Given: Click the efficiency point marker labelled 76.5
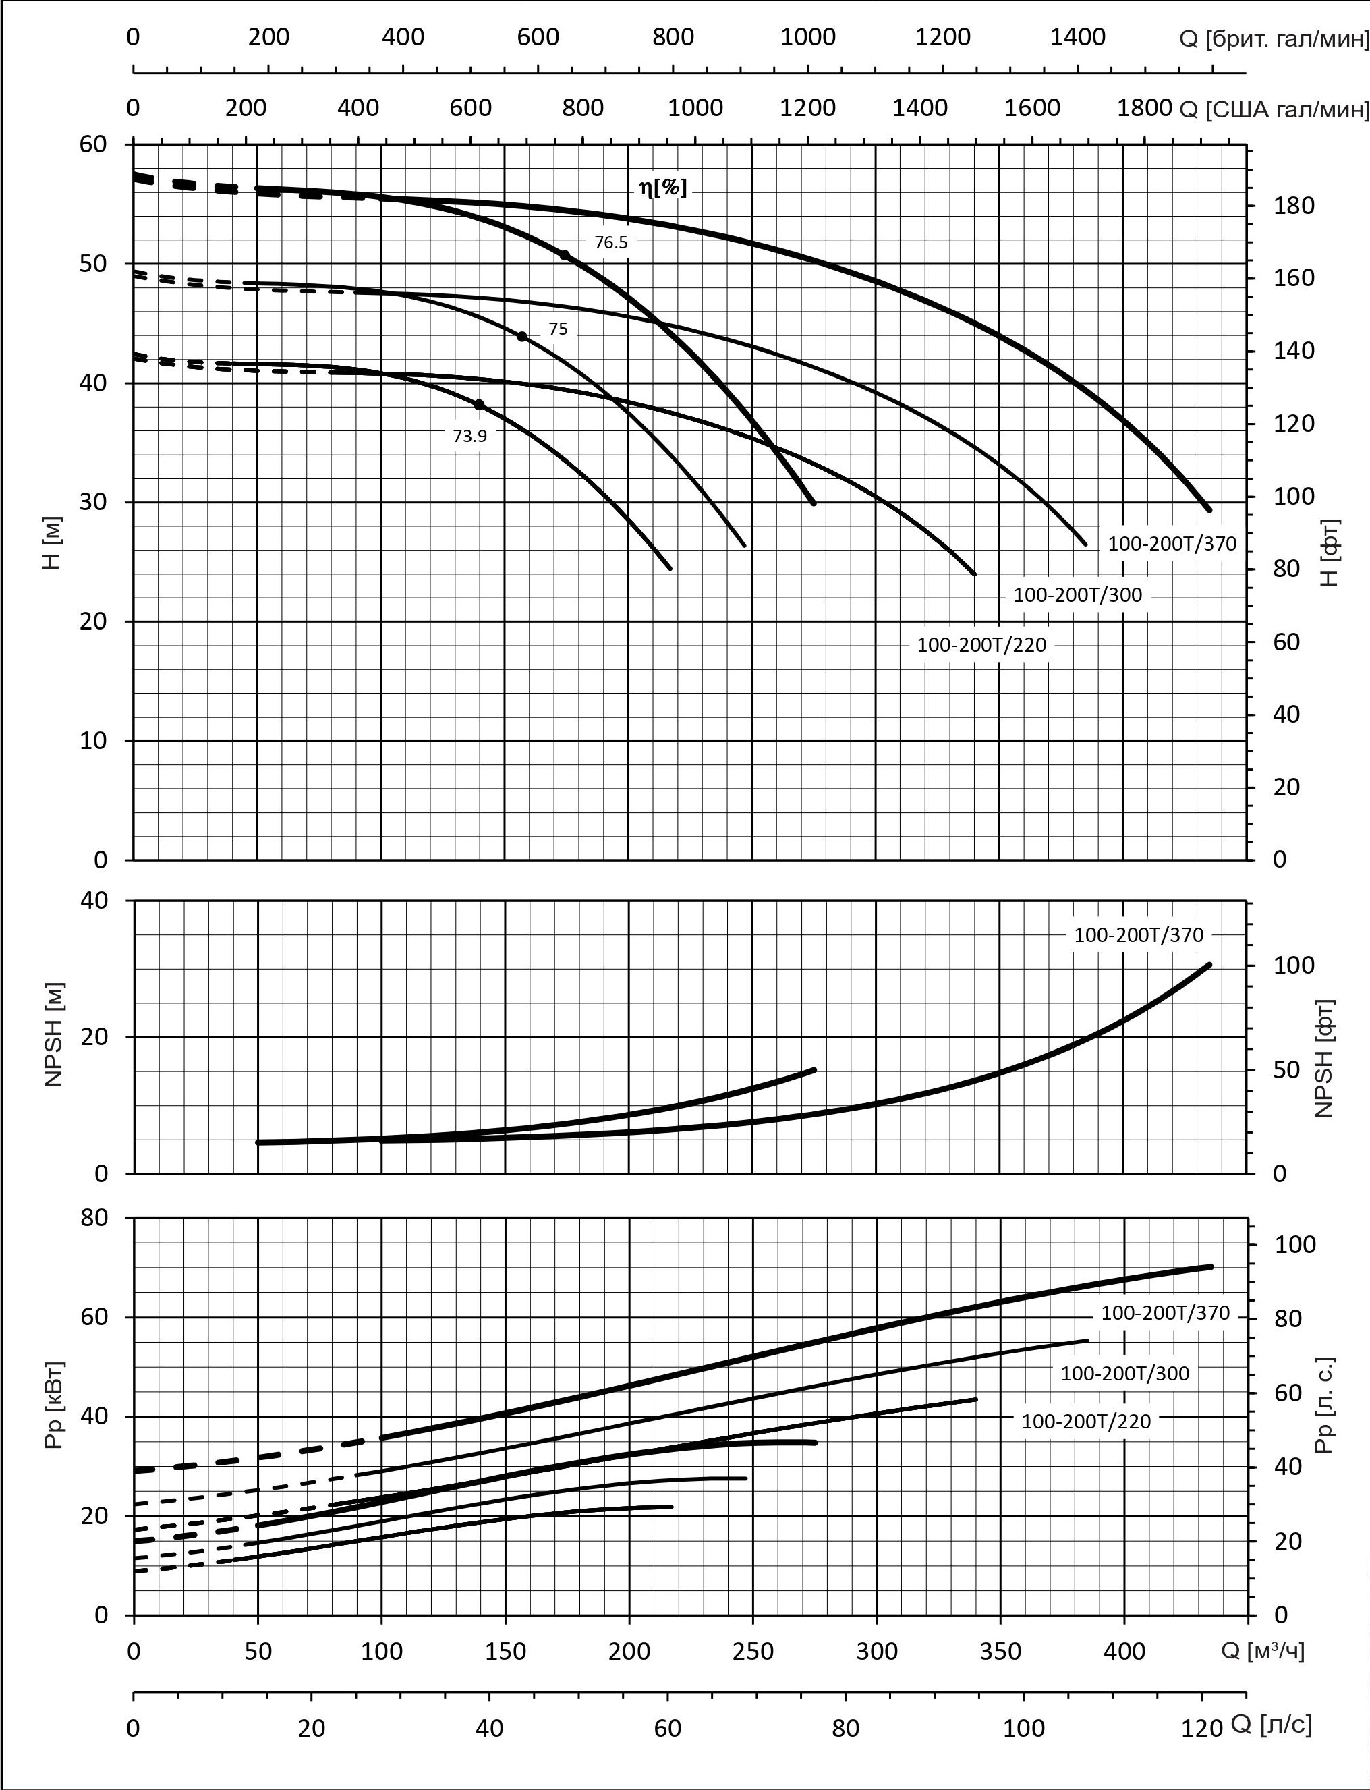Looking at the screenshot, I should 565,255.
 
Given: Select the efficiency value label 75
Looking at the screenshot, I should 558,329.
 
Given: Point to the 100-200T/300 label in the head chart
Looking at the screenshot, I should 1077,595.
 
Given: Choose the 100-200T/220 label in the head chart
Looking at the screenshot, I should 981,645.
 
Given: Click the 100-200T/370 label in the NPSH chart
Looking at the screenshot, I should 1139,935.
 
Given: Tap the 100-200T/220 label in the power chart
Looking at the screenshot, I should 1086,1422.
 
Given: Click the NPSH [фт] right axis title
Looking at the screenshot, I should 1323,1057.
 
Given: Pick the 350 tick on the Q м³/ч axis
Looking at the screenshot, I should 1000,1652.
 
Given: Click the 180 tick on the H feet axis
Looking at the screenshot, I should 1295,206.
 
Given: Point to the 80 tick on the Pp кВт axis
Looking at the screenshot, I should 94,1218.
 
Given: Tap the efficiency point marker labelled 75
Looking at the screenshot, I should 522,336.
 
